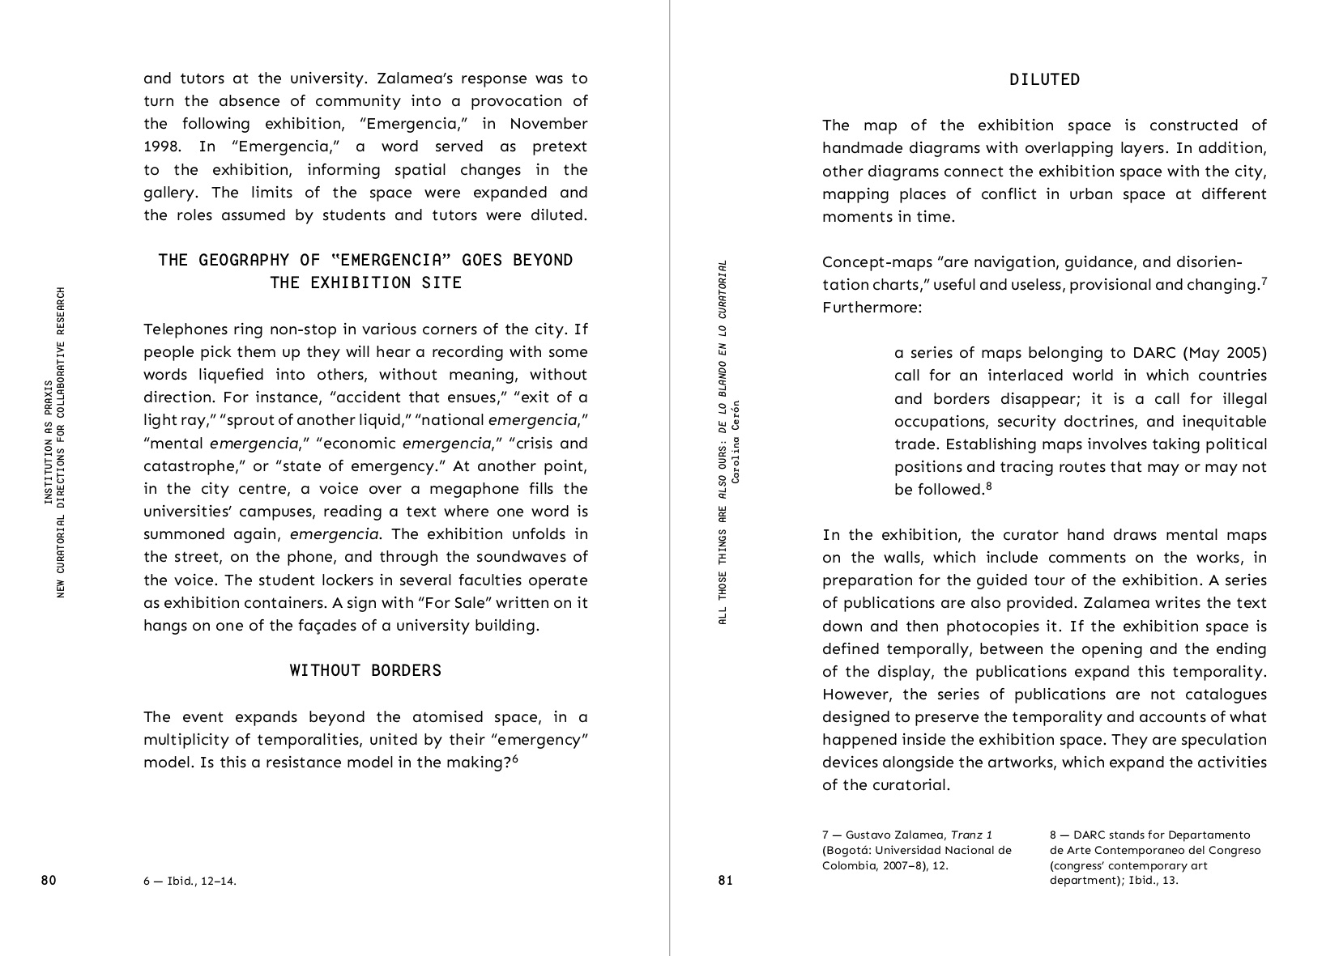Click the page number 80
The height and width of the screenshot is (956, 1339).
tap(49, 881)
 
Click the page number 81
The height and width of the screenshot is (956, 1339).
tap(725, 881)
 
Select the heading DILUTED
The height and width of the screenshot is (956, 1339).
tap(1044, 79)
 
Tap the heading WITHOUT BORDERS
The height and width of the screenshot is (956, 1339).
tap(365, 670)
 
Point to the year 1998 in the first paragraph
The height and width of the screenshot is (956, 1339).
tap(161, 147)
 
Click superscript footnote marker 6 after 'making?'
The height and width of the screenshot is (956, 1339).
tap(514, 758)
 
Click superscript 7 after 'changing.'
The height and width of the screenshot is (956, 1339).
tap(1264, 280)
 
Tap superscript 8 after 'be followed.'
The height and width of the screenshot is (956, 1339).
tap(989, 486)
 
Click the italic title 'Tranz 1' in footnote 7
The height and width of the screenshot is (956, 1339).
tap(971, 835)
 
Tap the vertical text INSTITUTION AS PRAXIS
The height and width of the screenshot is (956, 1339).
tap(49, 441)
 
